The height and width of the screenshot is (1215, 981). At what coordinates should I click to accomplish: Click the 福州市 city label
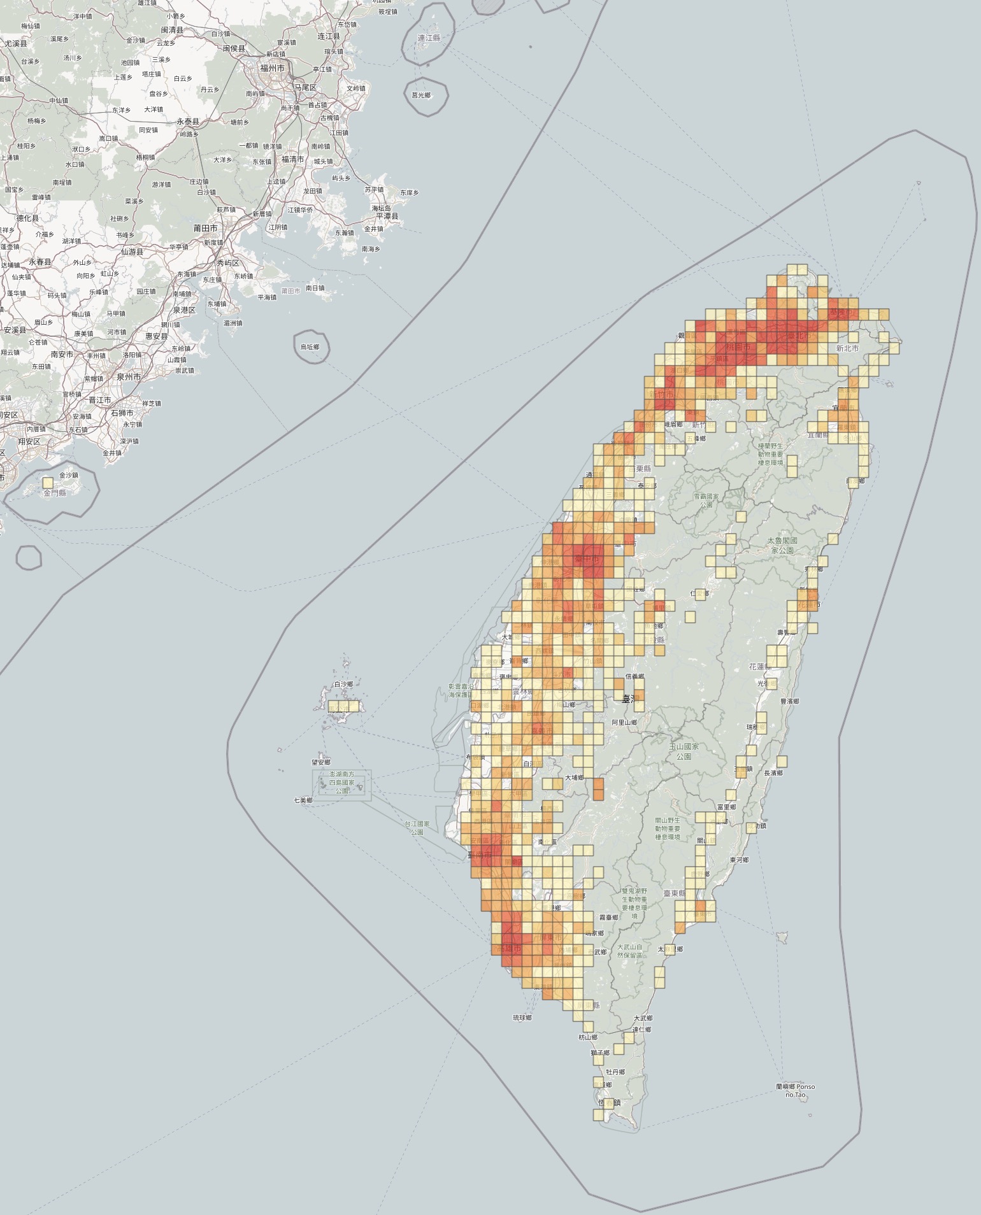(x=272, y=67)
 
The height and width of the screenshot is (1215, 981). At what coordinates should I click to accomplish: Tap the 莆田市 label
(x=206, y=228)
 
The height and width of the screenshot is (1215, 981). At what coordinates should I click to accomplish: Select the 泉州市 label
(x=129, y=377)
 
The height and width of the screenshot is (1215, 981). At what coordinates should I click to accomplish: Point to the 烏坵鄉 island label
(x=310, y=347)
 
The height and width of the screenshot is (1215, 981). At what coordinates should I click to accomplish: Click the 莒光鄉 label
(x=421, y=95)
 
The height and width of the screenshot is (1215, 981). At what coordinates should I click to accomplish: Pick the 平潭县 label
(x=386, y=217)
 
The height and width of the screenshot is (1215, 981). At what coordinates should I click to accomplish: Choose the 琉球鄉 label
(x=522, y=1018)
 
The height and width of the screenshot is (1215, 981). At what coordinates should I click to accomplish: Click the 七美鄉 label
(x=303, y=800)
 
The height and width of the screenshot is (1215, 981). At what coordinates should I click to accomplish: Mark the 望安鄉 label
(x=320, y=762)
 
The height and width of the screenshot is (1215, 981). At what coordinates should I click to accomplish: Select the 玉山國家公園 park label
(x=684, y=751)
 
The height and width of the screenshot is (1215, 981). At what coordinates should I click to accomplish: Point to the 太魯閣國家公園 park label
(x=782, y=545)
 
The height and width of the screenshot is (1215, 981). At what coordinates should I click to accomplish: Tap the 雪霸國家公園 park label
(x=706, y=500)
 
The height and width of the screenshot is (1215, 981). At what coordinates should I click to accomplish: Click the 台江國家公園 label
(x=417, y=828)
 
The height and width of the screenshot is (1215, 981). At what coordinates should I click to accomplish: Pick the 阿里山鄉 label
(x=624, y=722)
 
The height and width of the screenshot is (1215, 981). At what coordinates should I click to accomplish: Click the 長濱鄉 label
(x=773, y=772)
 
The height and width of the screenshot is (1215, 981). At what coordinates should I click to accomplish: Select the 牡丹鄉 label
(x=615, y=1072)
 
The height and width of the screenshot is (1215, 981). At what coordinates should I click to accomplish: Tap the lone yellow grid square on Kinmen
(x=48, y=483)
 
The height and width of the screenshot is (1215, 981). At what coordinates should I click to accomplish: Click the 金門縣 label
(x=55, y=493)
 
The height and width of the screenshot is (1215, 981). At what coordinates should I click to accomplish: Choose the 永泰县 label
(x=188, y=121)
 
